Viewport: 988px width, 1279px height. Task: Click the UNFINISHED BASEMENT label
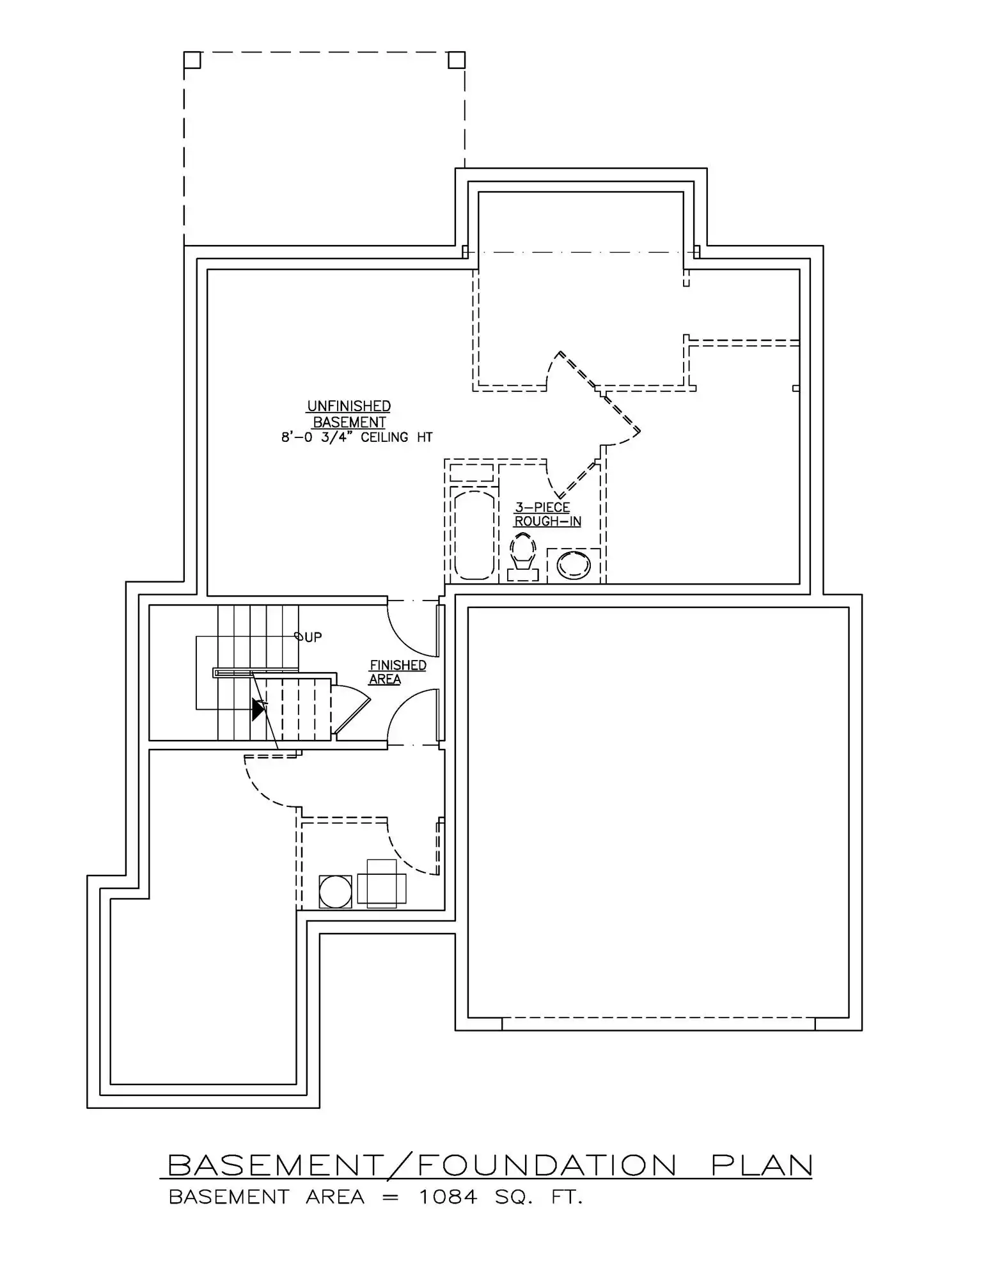click(x=349, y=414)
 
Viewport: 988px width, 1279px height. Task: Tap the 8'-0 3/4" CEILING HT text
click(x=357, y=437)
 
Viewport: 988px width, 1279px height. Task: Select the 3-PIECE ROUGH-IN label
click(x=547, y=515)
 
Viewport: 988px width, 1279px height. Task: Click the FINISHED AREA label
click(x=397, y=672)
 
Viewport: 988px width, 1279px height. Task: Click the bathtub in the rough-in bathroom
click(x=474, y=535)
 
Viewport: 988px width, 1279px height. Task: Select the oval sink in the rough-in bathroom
click(x=574, y=565)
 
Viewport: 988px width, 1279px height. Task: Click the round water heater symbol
click(x=335, y=891)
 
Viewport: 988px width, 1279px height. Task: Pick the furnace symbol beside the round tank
click(x=382, y=884)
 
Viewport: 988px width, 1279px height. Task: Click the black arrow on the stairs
click(x=259, y=709)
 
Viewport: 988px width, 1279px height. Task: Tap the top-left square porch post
click(x=192, y=60)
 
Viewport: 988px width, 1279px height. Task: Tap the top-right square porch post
click(x=457, y=60)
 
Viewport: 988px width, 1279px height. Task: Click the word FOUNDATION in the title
click(x=547, y=1165)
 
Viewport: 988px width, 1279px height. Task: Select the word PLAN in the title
click(x=762, y=1165)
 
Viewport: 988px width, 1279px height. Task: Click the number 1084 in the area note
click(x=448, y=1197)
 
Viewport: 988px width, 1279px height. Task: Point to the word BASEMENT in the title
click(x=275, y=1165)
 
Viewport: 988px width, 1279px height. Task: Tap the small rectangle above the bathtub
click(x=472, y=473)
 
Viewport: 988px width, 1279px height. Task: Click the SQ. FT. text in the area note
click(x=538, y=1197)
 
